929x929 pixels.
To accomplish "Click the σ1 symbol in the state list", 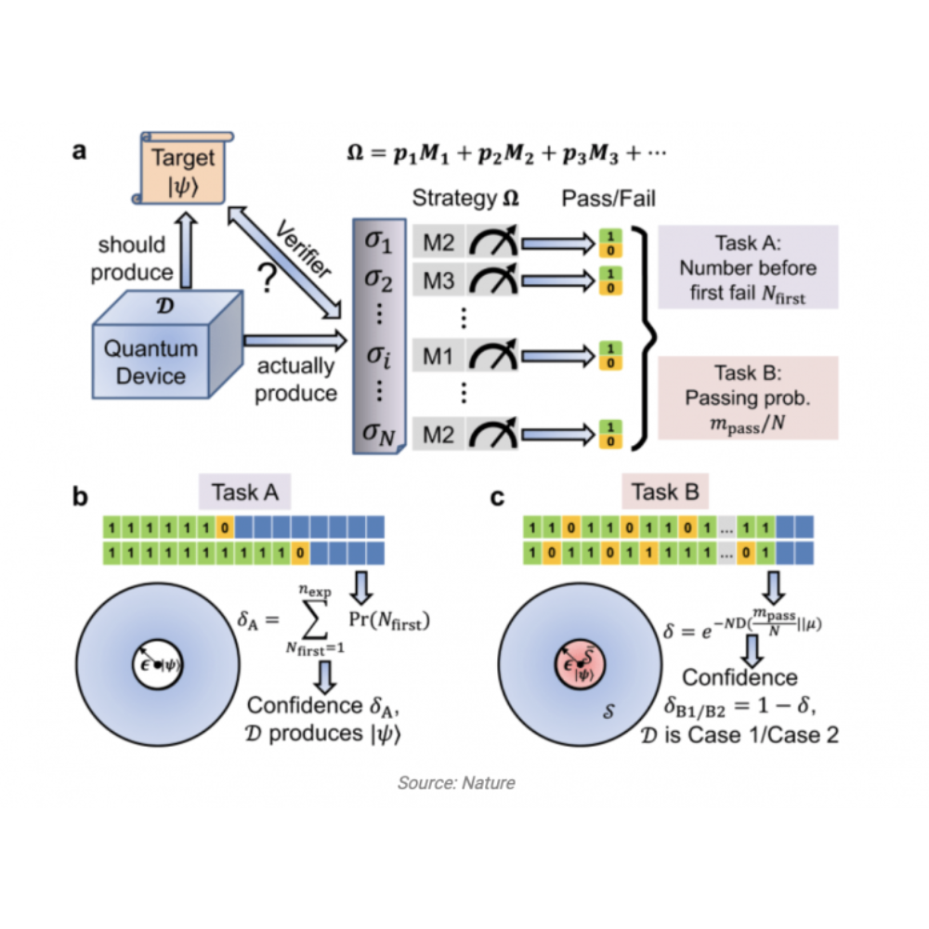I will coord(377,244).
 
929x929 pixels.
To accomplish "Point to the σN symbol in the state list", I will coord(377,430).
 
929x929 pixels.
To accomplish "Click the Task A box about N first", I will coord(747,268).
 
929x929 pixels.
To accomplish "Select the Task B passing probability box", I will coord(747,398).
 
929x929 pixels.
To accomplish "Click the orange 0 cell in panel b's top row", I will coord(223,528).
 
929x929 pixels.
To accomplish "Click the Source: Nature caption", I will coord(455,782).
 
